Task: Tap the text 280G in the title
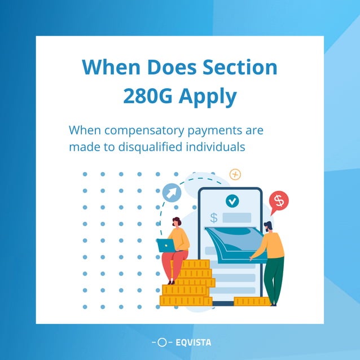point(148,97)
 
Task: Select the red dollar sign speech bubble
point(278,200)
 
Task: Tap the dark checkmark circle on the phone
point(231,200)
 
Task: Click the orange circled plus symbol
point(235,174)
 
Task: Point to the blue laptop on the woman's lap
point(166,245)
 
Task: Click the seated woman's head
point(177,222)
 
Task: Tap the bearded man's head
point(269,227)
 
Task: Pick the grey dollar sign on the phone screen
point(214,217)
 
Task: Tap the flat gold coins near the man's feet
point(252,301)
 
